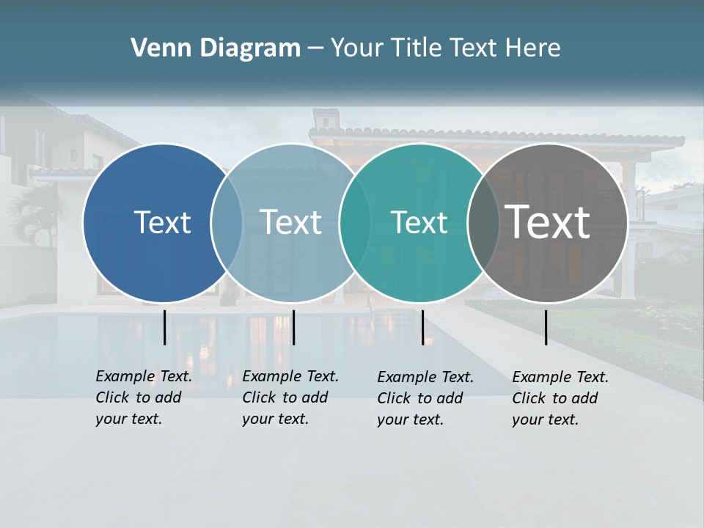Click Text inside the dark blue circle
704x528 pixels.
(162, 222)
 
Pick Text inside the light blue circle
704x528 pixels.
(291, 222)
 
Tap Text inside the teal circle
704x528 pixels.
(419, 222)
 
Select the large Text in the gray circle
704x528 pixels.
(548, 222)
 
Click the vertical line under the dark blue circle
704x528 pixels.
(164, 327)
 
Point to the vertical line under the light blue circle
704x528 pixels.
(293, 327)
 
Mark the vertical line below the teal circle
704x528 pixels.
(422, 327)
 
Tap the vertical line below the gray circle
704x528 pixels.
(546, 327)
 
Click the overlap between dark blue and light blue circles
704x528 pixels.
(227, 223)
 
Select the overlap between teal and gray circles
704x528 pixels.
(483, 223)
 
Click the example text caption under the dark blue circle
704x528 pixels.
(144, 397)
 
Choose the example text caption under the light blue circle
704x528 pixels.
(290, 397)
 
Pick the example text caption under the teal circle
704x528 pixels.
(425, 398)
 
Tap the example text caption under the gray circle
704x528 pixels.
(560, 398)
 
